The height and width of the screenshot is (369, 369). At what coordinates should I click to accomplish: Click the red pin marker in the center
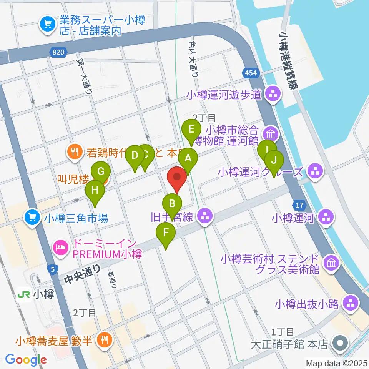[x=177, y=178]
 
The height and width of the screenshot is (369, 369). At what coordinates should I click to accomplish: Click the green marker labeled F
[x=166, y=233]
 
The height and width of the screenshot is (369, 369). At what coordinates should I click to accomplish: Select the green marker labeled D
[x=135, y=156]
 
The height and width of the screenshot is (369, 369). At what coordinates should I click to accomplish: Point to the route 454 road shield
[x=250, y=73]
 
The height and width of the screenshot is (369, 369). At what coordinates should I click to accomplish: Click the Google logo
[x=26, y=359]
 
